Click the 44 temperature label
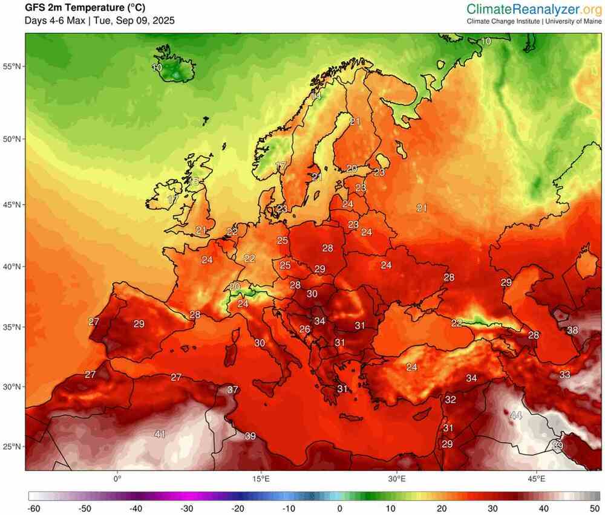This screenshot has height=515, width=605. (x=516, y=415)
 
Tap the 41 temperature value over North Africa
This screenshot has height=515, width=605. (x=160, y=433)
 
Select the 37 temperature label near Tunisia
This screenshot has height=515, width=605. (x=232, y=389)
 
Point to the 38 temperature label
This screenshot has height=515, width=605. (x=572, y=330)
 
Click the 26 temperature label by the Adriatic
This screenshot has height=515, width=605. (x=305, y=329)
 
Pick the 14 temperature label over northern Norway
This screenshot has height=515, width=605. (x=316, y=96)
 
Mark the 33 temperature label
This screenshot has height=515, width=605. (x=564, y=375)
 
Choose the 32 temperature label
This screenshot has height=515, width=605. (x=450, y=400)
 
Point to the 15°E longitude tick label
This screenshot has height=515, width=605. (x=261, y=479)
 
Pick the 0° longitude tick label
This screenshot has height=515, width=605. (x=117, y=479)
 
